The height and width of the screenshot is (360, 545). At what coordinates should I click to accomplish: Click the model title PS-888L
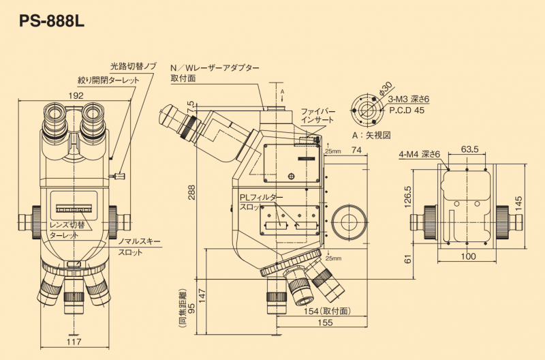tap(51, 20)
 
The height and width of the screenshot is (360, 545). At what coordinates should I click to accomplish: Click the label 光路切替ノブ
tap(134, 66)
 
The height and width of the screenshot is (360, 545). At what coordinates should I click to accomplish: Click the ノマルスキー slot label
tap(140, 242)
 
